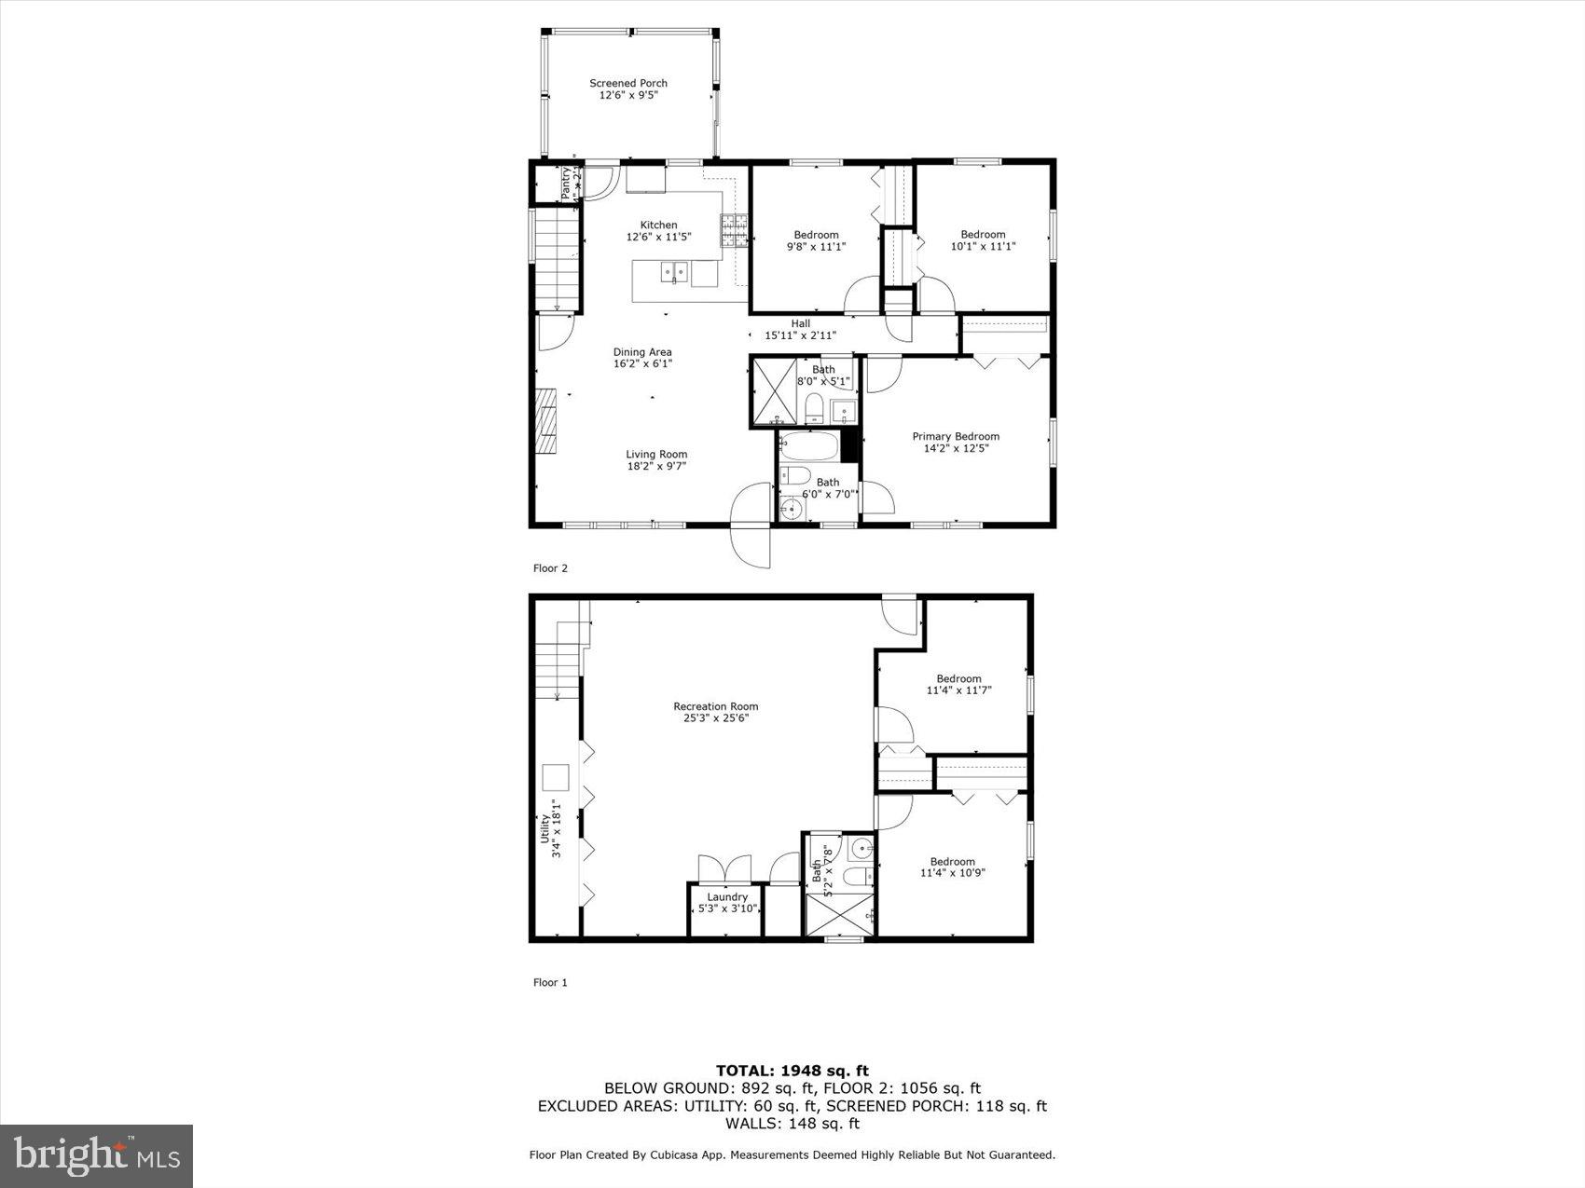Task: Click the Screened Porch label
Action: pyautogui.click(x=627, y=89)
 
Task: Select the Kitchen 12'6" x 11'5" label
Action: pyautogui.click(x=658, y=231)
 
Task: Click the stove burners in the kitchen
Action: pyautogui.click(x=734, y=231)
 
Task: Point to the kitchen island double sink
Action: pyautogui.click(x=674, y=273)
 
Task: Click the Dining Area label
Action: pyautogui.click(x=641, y=358)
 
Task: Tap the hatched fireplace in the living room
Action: pyautogui.click(x=545, y=420)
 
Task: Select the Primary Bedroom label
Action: pyautogui.click(x=955, y=442)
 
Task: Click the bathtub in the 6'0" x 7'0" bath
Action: pyautogui.click(x=809, y=447)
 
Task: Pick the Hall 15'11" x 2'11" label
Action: pyautogui.click(x=800, y=330)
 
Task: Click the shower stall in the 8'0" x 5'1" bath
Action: pyautogui.click(x=773, y=391)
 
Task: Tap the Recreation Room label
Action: pyautogui.click(x=715, y=712)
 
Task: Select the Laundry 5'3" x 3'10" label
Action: pyautogui.click(x=726, y=903)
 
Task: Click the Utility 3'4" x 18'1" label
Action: pyautogui.click(x=551, y=821)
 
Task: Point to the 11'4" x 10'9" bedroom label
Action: pyautogui.click(x=952, y=867)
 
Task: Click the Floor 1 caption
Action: pyautogui.click(x=549, y=982)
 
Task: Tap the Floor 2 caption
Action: pyautogui.click(x=549, y=568)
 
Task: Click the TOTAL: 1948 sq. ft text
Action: pyautogui.click(x=792, y=1071)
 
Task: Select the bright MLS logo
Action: pyautogui.click(x=97, y=1156)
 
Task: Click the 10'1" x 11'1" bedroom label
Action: pyautogui.click(x=983, y=240)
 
